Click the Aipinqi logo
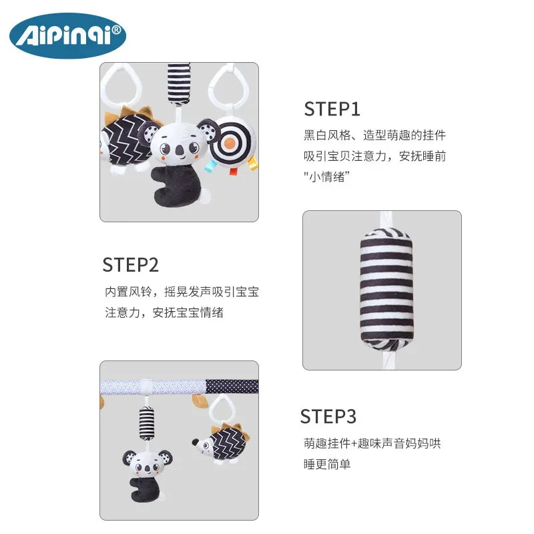pos(68,35)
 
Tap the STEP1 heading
pos(332,109)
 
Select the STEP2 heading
pos(130,265)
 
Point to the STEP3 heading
pos(328,416)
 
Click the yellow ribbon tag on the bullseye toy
pos(253,163)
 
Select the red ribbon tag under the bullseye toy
pos(233,171)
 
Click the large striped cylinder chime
pos(386,289)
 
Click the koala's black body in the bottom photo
pos(144,489)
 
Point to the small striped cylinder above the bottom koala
pos(146,423)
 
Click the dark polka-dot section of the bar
pos(232,386)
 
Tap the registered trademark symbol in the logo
pos(116,30)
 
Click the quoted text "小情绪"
pos(327,177)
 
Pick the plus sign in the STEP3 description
pos(354,443)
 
